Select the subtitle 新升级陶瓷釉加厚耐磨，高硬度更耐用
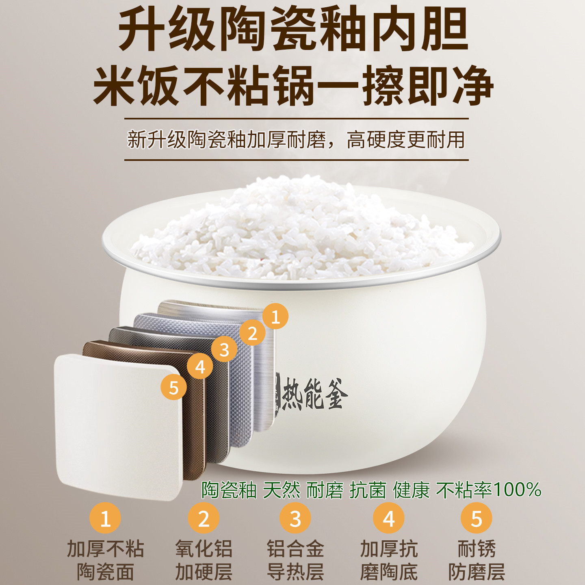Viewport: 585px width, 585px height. [296, 140]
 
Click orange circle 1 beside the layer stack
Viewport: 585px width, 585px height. [275, 316]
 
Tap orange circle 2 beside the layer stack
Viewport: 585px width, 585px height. [252, 333]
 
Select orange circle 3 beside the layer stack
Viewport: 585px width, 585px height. [224, 349]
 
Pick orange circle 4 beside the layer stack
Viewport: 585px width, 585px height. [200, 366]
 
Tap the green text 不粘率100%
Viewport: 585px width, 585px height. [489, 490]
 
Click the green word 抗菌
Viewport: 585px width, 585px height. [368, 490]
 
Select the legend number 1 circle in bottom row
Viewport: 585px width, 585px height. [105, 518]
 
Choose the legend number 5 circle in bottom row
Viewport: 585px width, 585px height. [476, 518]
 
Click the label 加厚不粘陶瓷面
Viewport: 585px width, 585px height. [105, 560]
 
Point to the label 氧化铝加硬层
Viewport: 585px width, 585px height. [204, 560]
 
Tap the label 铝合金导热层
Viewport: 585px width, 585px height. [295, 560]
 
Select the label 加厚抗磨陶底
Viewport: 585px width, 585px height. [389, 560]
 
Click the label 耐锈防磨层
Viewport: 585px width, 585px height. [476, 560]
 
